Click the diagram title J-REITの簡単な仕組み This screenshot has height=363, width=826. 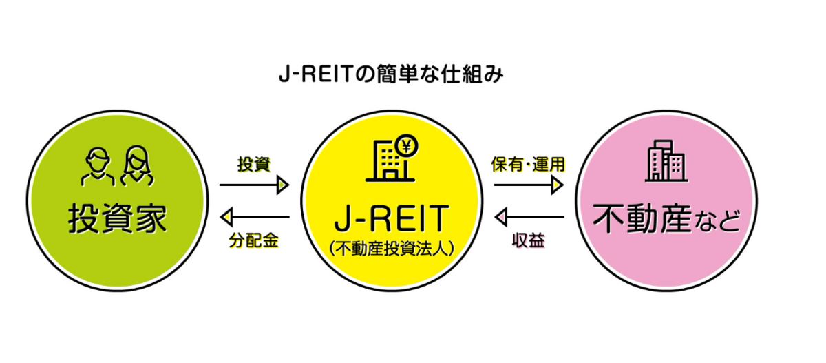tap(391, 74)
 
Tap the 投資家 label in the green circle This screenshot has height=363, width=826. tap(117, 219)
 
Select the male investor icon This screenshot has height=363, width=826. tap(98, 167)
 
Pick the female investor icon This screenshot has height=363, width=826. tap(137, 166)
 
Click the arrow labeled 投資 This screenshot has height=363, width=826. tap(254, 185)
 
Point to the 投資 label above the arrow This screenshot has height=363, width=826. tap(254, 164)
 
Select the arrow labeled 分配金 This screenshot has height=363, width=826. tap(255, 217)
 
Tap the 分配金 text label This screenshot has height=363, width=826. tap(254, 241)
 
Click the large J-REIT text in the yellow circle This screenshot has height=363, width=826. tap(392, 219)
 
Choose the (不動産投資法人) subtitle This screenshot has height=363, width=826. tap(392, 249)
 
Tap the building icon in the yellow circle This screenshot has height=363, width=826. tap(391, 158)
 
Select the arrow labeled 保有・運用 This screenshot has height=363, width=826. tap(529, 185)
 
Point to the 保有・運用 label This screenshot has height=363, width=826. tap(528, 164)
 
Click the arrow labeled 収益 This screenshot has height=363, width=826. tap(529, 217)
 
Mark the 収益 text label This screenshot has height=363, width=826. tap(529, 241)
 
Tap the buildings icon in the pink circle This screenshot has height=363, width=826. tap(666, 161)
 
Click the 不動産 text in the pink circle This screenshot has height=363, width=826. tap(642, 219)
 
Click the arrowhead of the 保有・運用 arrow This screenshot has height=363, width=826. tap(557, 185)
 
